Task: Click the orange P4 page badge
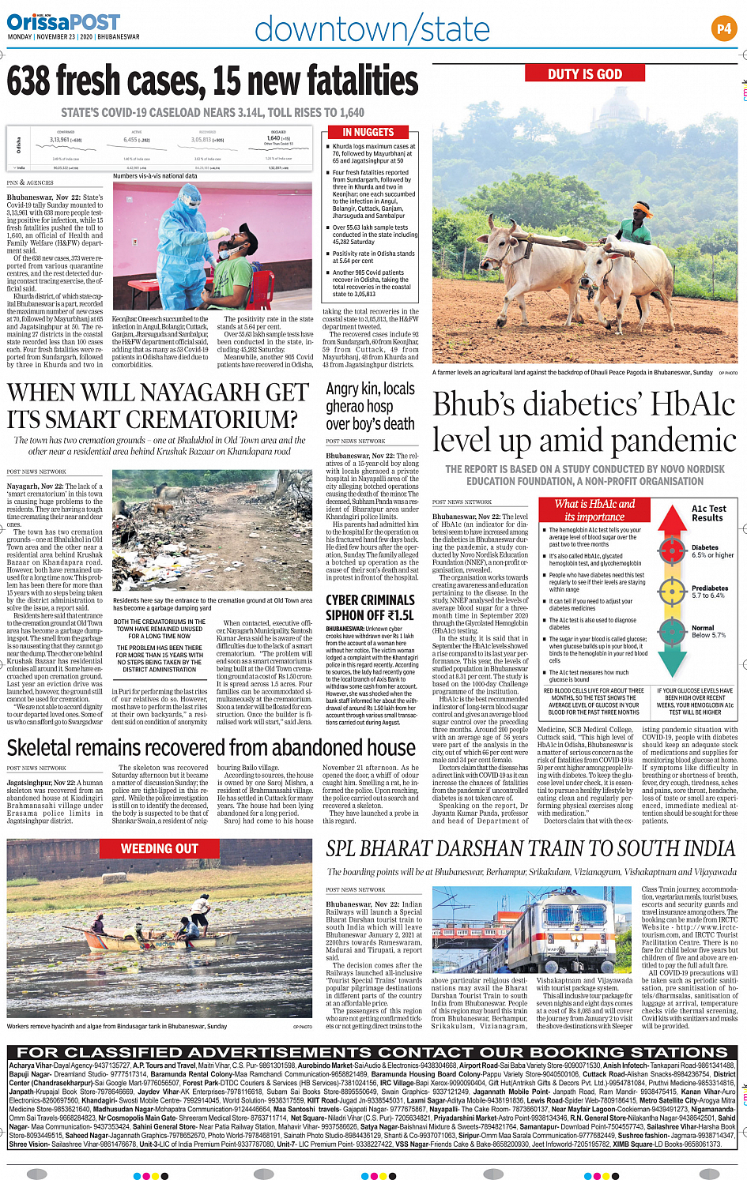[723, 29]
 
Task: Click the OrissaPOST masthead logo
[63, 22]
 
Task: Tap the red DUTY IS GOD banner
[585, 74]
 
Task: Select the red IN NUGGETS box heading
[368, 133]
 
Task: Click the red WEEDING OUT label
[159, 849]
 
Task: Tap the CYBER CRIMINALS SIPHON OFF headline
[369, 607]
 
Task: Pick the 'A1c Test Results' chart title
[708, 513]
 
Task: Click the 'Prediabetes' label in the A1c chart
[709, 588]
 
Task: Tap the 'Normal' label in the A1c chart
[703, 628]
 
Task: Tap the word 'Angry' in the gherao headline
[342, 389]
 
